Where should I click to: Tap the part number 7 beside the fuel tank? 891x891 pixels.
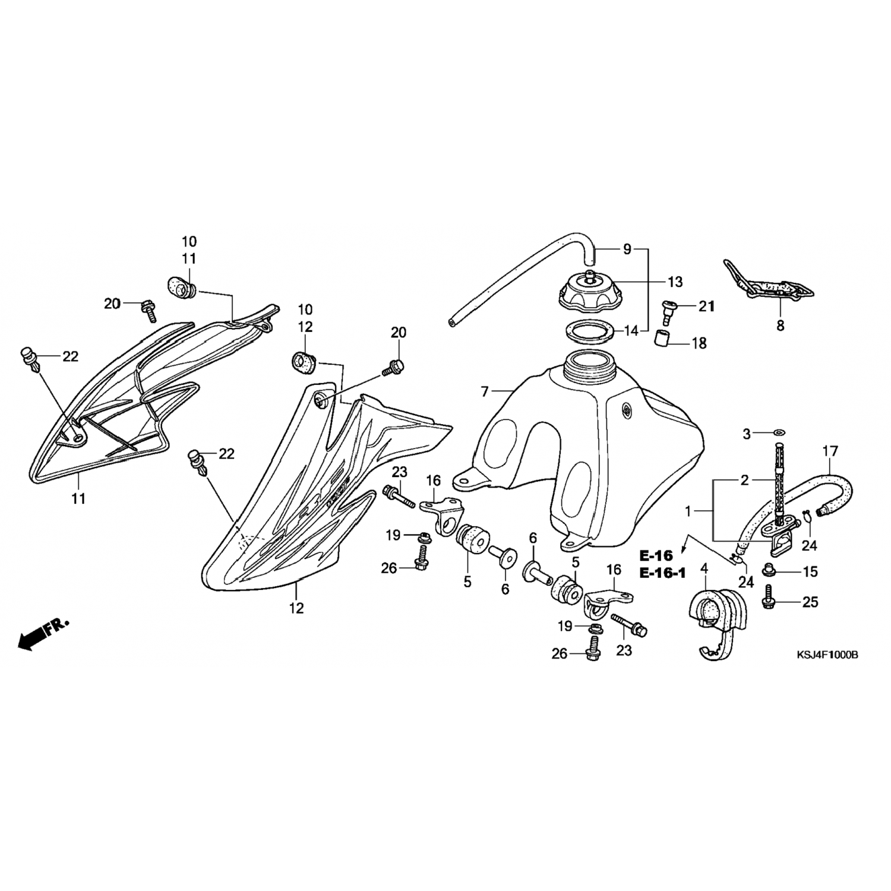point(485,391)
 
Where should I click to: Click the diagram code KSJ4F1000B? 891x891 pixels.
point(827,655)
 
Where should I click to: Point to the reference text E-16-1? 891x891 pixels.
point(662,573)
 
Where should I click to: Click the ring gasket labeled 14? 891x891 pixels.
point(587,330)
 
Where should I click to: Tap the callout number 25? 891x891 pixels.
point(810,602)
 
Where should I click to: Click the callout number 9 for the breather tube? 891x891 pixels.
point(627,250)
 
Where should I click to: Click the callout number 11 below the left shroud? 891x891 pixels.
point(78,498)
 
